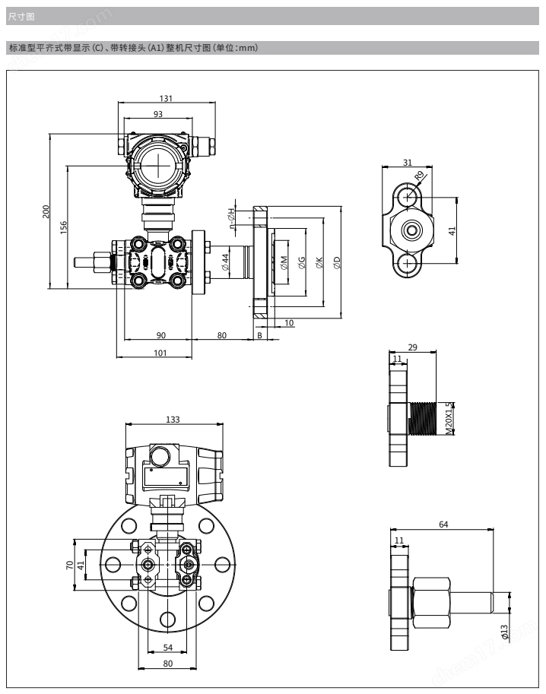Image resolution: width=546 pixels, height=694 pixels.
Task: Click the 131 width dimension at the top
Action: (x=166, y=98)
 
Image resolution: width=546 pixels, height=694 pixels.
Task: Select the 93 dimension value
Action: (x=158, y=114)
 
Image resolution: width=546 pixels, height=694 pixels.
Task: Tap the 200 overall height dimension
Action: (x=46, y=211)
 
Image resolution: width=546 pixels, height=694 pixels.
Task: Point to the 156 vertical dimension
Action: (x=64, y=227)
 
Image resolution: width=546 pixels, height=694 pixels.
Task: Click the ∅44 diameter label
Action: (x=226, y=262)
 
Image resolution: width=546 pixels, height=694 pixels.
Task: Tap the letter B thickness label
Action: (x=260, y=334)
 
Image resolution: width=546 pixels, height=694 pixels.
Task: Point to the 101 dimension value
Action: (x=160, y=352)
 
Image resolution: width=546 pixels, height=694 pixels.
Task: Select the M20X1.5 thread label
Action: (x=449, y=415)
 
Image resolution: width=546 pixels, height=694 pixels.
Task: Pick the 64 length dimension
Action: (x=443, y=524)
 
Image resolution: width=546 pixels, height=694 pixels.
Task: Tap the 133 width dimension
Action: (x=173, y=420)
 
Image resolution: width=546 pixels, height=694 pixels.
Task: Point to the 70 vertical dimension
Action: (x=69, y=565)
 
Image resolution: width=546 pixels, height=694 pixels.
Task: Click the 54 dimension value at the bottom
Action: (x=167, y=647)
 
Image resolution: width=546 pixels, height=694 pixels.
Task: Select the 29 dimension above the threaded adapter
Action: (x=412, y=347)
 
